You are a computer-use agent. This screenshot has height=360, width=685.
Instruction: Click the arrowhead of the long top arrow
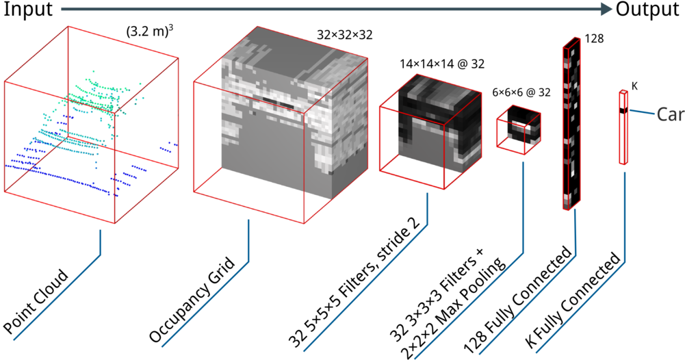(606, 9)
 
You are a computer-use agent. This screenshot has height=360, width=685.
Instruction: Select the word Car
(670, 114)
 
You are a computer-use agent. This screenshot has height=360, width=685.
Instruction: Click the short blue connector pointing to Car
(642, 112)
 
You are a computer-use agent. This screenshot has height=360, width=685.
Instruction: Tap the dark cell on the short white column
(623, 110)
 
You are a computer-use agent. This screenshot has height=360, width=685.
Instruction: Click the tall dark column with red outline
(571, 123)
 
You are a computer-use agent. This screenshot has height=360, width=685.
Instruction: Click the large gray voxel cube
(281, 130)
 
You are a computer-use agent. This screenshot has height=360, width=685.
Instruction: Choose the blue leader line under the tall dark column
(534, 301)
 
